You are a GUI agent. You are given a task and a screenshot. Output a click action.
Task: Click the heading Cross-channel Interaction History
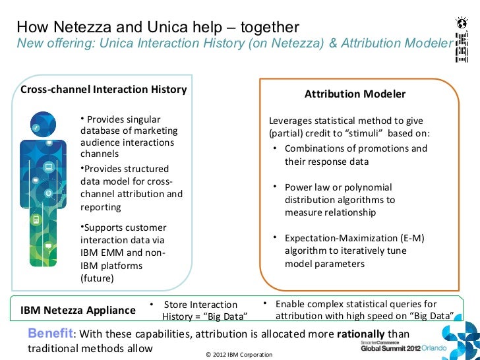(x=104, y=90)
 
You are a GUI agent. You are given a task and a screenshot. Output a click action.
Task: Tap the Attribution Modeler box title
(x=355, y=94)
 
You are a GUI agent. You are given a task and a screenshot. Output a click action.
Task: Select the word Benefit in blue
(x=50, y=334)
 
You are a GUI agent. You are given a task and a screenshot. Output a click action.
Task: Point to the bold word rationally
(x=361, y=334)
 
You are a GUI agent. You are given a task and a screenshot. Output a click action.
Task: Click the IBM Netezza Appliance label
(x=78, y=310)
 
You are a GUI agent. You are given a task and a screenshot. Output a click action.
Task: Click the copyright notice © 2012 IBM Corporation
(x=239, y=355)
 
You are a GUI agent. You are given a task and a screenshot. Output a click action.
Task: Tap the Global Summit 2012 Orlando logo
(x=403, y=347)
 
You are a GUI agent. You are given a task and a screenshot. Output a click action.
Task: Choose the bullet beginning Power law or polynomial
(x=338, y=187)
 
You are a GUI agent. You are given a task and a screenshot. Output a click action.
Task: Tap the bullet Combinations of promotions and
(x=355, y=148)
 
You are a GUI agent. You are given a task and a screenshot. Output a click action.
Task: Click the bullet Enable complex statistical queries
(x=356, y=304)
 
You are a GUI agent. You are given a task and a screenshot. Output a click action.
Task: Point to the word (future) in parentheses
(x=97, y=278)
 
